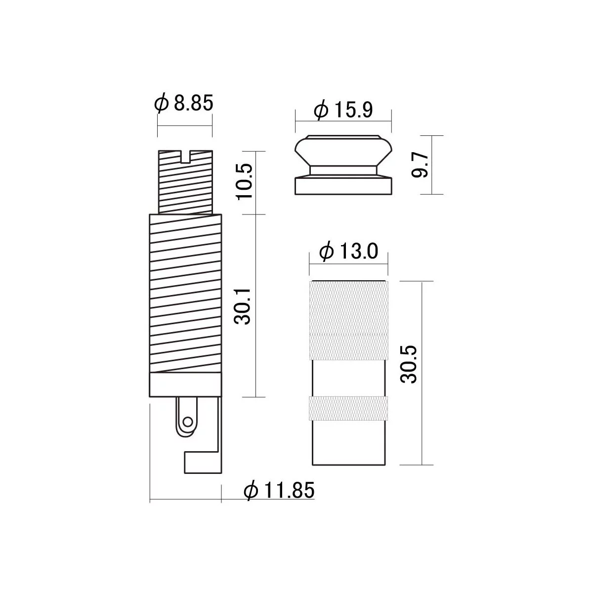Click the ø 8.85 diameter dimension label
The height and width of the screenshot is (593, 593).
click(x=184, y=103)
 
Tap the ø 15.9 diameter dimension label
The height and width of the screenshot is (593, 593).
click(x=343, y=110)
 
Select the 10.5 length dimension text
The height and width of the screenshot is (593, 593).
click(x=245, y=182)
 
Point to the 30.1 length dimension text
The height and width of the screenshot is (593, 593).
click(x=242, y=306)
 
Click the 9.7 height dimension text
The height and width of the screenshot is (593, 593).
click(x=420, y=165)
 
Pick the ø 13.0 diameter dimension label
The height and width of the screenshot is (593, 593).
click(x=349, y=251)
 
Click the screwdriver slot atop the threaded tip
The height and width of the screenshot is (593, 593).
click(x=186, y=156)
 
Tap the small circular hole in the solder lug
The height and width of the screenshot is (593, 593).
click(x=187, y=422)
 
